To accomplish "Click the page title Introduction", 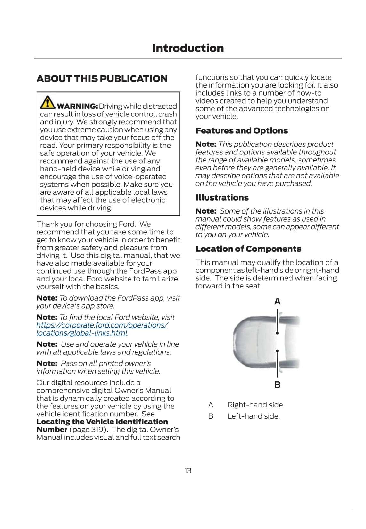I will [x=188, y=48].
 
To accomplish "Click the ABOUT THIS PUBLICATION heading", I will [x=102, y=79].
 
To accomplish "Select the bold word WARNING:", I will [x=77, y=106].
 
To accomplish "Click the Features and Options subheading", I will [x=242, y=131].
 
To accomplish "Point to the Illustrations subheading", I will [x=222, y=198].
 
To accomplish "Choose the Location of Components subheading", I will [x=248, y=249].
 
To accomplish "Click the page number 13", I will [x=188, y=470].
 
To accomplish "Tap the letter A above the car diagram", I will [x=278, y=302].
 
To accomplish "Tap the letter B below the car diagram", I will [x=278, y=385].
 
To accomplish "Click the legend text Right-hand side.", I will [x=256, y=405].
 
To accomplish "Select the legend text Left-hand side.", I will [x=254, y=416].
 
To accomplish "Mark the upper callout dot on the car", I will [x=277, y=333].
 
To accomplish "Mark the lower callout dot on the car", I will [x=277, y=351].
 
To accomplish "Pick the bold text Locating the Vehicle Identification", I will [x=102, y=422].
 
